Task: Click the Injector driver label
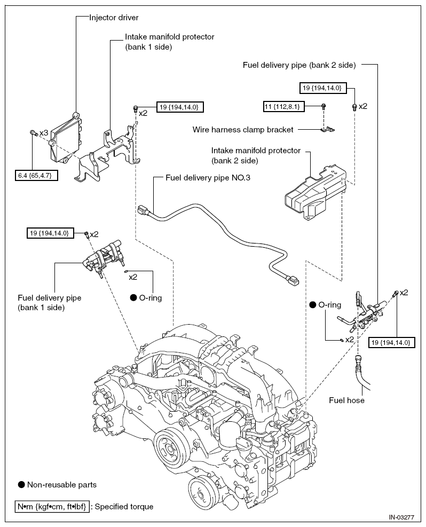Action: coord(114,18)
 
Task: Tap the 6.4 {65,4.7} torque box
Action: coord(36,176)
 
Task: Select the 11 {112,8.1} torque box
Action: coord(284,107)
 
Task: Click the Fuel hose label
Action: coord(346,400)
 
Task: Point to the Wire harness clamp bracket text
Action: coord(243,130)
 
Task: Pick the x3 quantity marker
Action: coord(44,133)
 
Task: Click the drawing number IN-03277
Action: coord(401,517)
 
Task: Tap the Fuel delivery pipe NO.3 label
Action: coord(208,178)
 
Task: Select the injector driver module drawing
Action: coord(66,138)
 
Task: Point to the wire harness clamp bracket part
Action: coord(327,129)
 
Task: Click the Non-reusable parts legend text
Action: coord(62,485)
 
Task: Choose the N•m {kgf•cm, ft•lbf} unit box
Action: coord(52,507)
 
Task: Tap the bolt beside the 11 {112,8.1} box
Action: coord(324,107)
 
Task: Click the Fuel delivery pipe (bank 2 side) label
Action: coord(299,65)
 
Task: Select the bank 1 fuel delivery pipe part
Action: coord(102,258)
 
